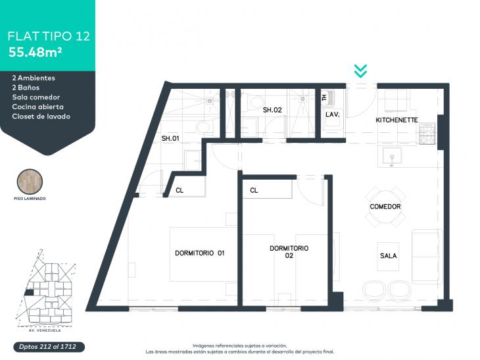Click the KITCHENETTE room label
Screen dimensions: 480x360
[x=396, y=120]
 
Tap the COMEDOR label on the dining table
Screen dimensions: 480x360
[x=385, y=207]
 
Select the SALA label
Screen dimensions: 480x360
[x=388, y=255]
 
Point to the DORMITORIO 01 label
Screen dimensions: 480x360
[x=200, y=253]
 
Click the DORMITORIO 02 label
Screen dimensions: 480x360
[x=289, y=252]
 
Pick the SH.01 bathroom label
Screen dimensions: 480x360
[x=170, y=138]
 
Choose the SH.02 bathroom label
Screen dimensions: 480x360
[x=272, y=110]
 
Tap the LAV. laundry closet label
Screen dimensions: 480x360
[x=332, y=115]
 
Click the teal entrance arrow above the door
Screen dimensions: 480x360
[x=360, y=71]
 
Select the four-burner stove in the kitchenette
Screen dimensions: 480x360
[x=427, y=134]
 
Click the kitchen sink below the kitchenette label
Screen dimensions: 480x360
[x=392, y=157]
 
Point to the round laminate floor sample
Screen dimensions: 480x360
[x=30, y=182]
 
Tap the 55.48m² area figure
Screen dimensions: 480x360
[x=35, y=53]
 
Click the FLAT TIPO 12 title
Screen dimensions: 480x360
[x=49, y=36]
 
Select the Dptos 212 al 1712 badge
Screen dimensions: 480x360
[x=49, y=347]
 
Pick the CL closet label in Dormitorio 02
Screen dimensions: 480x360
[x=254, y=191]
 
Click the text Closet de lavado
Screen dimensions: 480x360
[x=41, y=116]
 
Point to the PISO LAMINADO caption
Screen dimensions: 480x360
[x=30, y=199]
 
